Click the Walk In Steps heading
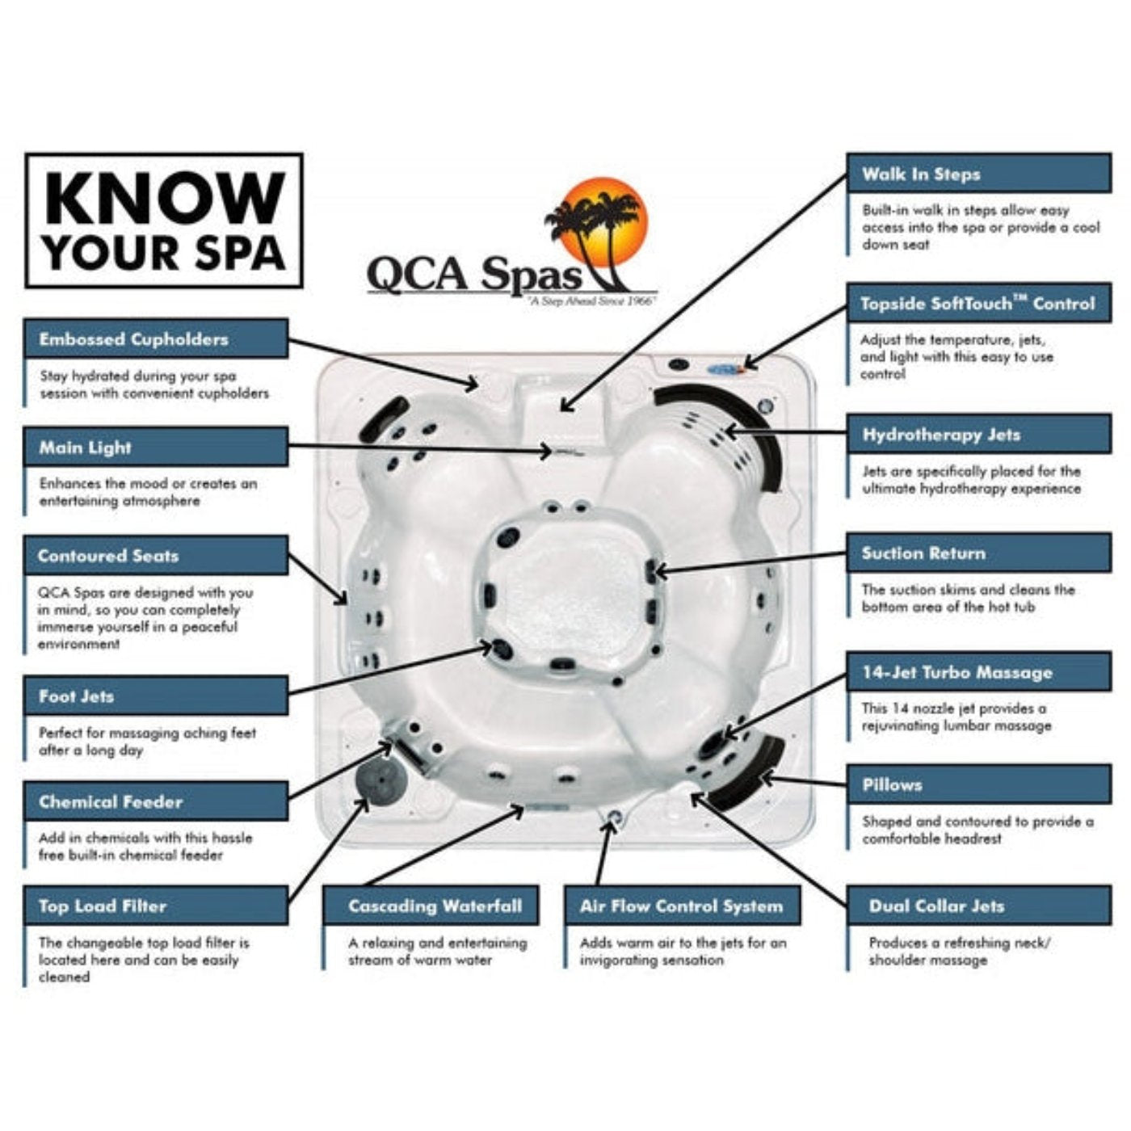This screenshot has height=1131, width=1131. point(921,174)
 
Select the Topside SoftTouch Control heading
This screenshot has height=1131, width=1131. point(977,304)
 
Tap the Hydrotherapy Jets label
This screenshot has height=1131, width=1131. point(941,435)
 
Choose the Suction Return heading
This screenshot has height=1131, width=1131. point(923,553)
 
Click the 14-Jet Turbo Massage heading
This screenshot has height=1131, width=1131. point(957,672)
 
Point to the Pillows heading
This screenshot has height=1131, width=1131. point(892,784)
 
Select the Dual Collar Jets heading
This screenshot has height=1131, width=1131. point(936,906)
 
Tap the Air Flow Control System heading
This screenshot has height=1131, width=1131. point(681,906)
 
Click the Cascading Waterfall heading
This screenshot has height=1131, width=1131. point(435,906)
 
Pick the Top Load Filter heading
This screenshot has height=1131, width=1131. point(103,906)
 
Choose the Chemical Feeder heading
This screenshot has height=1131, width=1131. point(111,802)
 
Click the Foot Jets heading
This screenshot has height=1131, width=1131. point(77,696)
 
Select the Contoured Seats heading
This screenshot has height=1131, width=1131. point(108,556)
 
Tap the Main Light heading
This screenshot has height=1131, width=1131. point(85,448)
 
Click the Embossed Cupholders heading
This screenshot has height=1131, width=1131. point(133,339)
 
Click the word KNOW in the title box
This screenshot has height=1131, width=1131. point(165,198)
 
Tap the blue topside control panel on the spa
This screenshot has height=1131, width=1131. point(725,369)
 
